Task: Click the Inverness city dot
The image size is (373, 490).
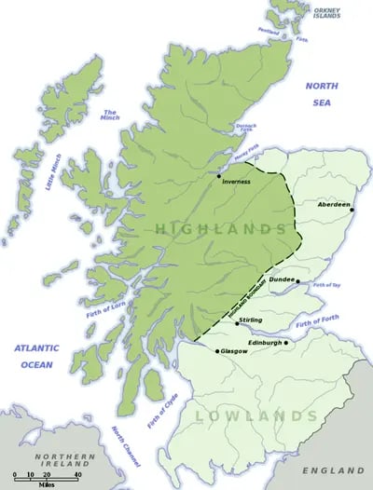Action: point(219,175)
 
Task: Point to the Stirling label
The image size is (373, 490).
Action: point(251,320)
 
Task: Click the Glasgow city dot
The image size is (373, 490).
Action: point(217,351)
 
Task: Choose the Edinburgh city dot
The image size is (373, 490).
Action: point(285,342)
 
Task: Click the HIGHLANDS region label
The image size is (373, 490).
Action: point(221,228)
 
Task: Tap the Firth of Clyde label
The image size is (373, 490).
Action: point(161,409)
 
